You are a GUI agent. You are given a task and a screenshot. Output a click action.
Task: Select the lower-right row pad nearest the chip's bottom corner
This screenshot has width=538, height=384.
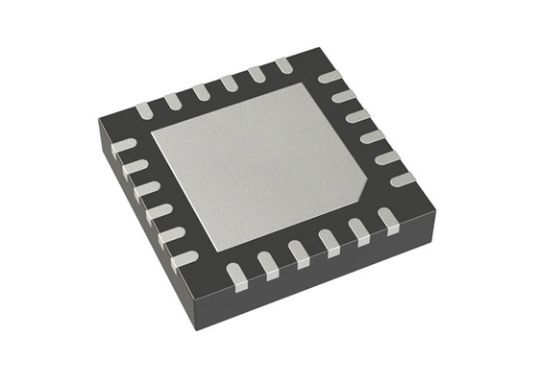pos(236,276)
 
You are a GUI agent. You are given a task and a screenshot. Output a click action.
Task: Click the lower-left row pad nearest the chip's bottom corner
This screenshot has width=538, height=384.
pos(183,258)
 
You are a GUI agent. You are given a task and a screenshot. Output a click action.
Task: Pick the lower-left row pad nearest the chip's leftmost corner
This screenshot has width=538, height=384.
pos(124,146)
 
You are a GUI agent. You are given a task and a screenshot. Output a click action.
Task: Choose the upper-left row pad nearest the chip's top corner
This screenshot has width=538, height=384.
pos(283,64)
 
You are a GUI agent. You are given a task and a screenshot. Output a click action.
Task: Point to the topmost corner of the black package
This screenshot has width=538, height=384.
pos(314,50)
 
